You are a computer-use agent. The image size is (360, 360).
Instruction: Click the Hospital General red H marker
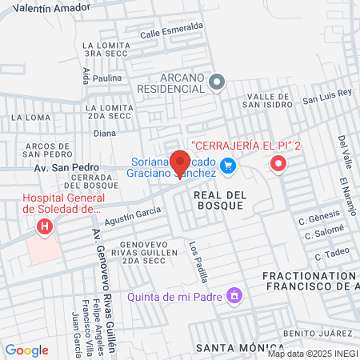tap(45, 226)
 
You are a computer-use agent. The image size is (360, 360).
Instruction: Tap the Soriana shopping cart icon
tap(228, 166)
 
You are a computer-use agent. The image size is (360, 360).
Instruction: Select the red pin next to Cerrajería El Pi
tap(278, 164)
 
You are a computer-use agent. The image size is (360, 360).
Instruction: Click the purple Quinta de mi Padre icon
tap(234, 296)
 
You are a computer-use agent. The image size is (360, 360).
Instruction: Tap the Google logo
tap(26, 350)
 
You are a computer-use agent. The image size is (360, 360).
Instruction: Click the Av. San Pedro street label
tap(58, 168)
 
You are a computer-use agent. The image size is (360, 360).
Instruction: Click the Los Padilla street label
tap(198, 261)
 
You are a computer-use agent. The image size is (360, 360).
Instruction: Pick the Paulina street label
tap(107, 78)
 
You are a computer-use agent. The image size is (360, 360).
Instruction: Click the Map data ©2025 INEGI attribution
tap(312, 353)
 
